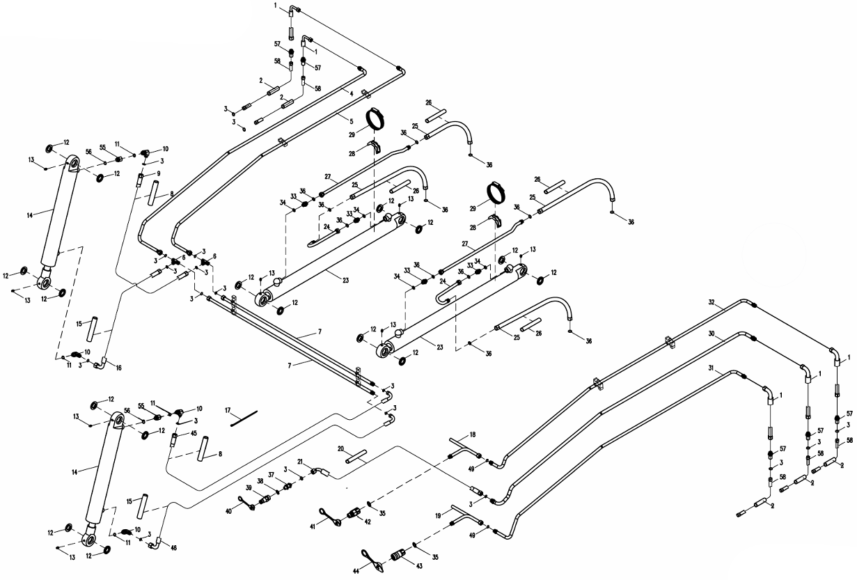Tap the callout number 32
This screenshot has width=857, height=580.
pyautogui.click(x=711, y=302)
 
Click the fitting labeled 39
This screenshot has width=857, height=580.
pyautogui.click(x=265, y=500)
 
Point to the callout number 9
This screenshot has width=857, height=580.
pyautogui.click(x=159, y=173)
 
